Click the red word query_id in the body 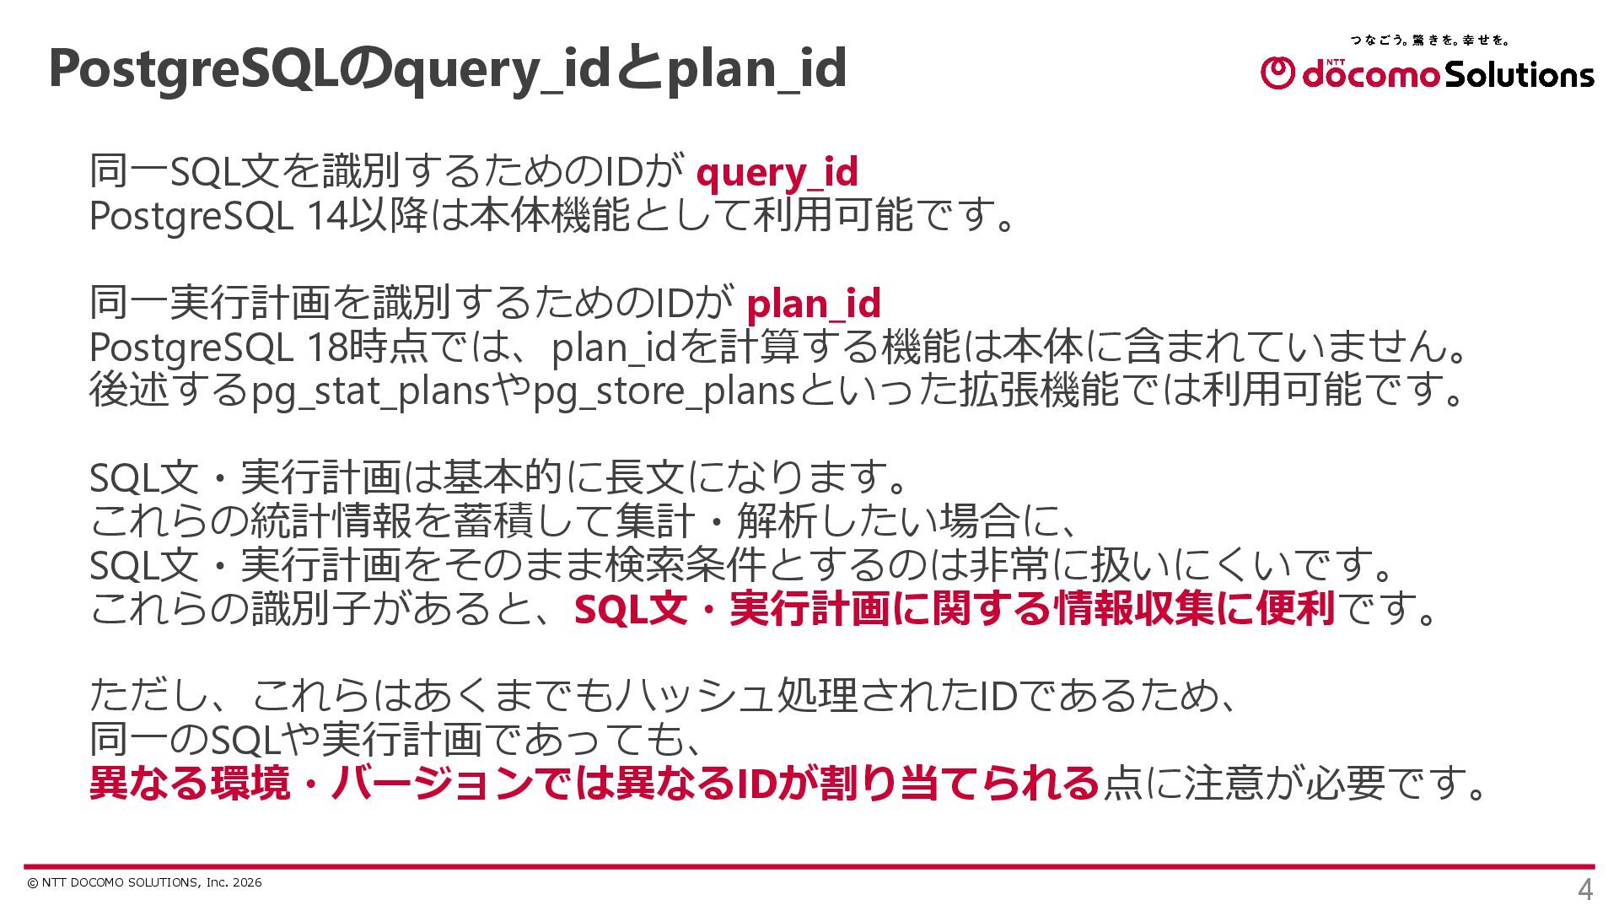[x=777, y=173]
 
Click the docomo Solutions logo [x=1427, y=73]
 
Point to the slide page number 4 [x=1584, y=890]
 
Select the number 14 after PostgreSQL [x=326, y=216]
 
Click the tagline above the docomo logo [x=1429, y=40]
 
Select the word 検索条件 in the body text [x=684, y=565]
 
